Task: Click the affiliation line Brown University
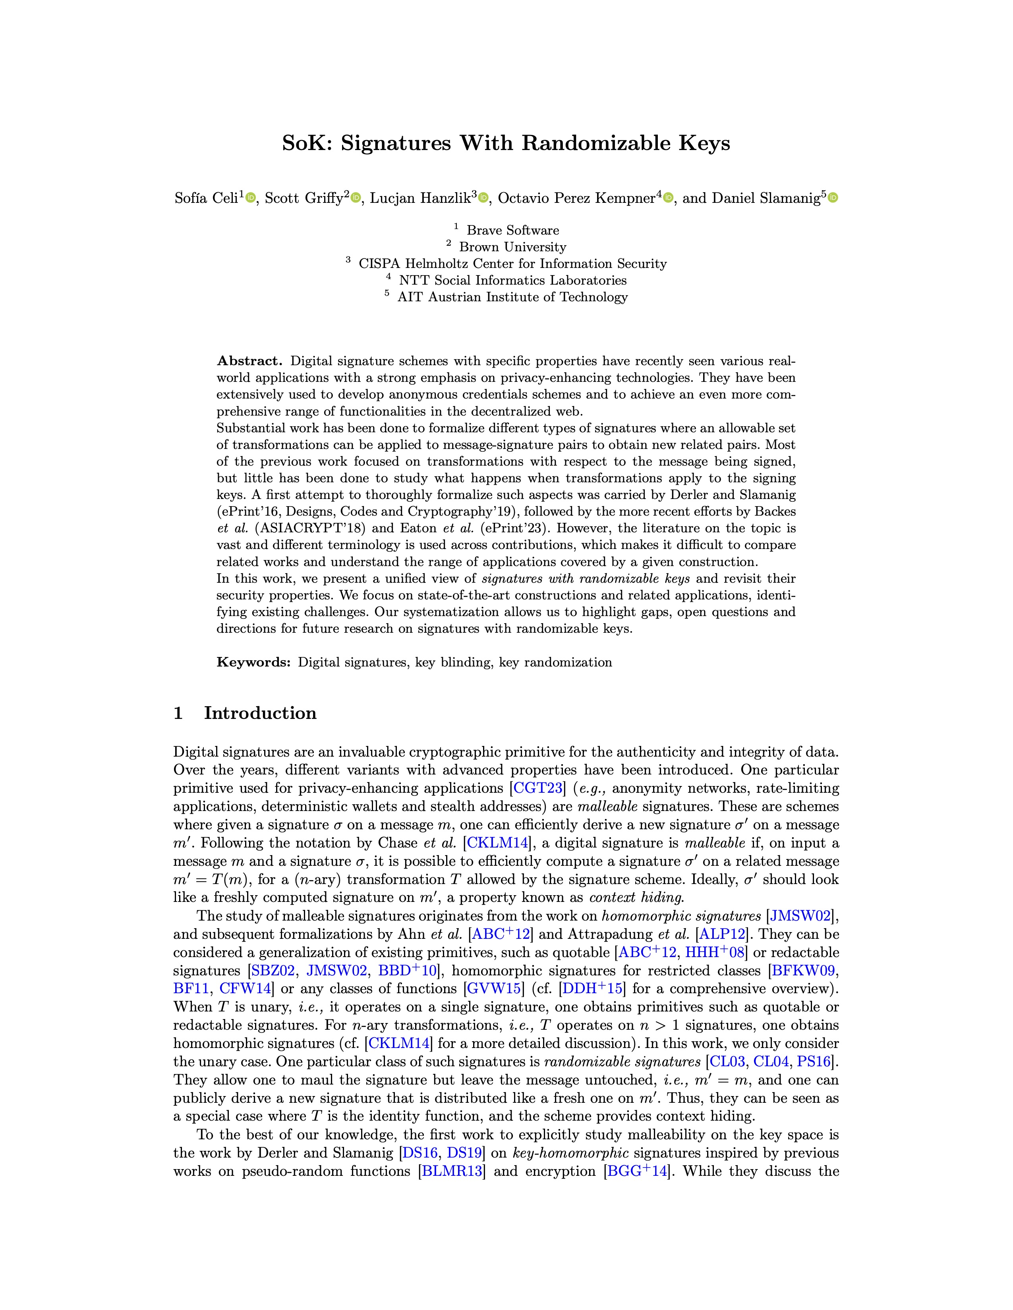(512, 247)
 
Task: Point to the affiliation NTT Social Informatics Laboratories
(512, 280)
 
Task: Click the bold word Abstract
(249, 361)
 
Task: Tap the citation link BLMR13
(452, 1171)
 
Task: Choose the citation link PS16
(813, 1061)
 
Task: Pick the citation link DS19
(464, 1153)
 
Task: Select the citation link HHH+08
(714, 952)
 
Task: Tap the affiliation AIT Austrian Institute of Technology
(512, 297)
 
